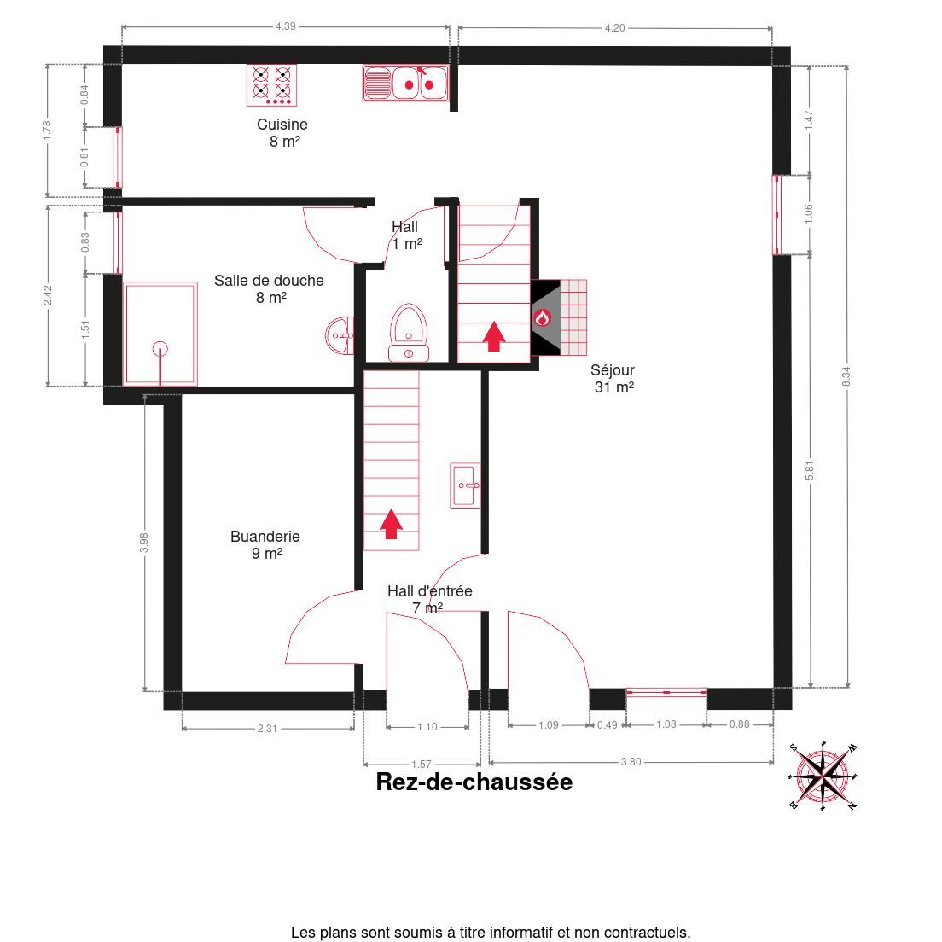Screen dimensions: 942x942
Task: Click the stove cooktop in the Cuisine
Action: [x=271, y=85]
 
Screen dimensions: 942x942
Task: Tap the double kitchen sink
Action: [x=405, y=84]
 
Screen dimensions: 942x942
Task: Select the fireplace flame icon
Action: [x=543, y=317]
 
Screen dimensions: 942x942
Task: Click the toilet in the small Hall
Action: [x=409, y=333]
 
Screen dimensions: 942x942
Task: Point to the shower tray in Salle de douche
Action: [x=160, y=334]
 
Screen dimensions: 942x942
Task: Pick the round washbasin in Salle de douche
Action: [x=340, y=335]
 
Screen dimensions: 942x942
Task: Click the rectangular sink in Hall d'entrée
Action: [x=465, y=486]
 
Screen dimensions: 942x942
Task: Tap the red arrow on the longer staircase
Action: [x=391, y=524]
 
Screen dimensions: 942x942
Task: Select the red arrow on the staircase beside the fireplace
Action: [x=494, y=336]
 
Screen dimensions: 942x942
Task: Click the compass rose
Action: [x=823, y=776]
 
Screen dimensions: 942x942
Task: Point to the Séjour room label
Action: [x=613, y=379]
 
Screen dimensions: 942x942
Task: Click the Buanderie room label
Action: [x=265, y=545]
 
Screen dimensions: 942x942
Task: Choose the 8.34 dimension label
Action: [x=846, y=376]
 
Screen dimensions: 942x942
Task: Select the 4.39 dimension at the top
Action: [x=285, y=26]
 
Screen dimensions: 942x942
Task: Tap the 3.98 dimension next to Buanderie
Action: [x=144, y=543]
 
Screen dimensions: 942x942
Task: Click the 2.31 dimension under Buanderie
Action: [x=267, y=729]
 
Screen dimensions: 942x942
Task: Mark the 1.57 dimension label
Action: [x=422, y=765]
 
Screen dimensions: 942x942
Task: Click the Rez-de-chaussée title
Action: [x=474, y=782]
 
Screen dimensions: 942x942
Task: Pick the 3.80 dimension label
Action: [x=631, y=762]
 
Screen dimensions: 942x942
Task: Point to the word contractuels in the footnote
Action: [x=647, y=933]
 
